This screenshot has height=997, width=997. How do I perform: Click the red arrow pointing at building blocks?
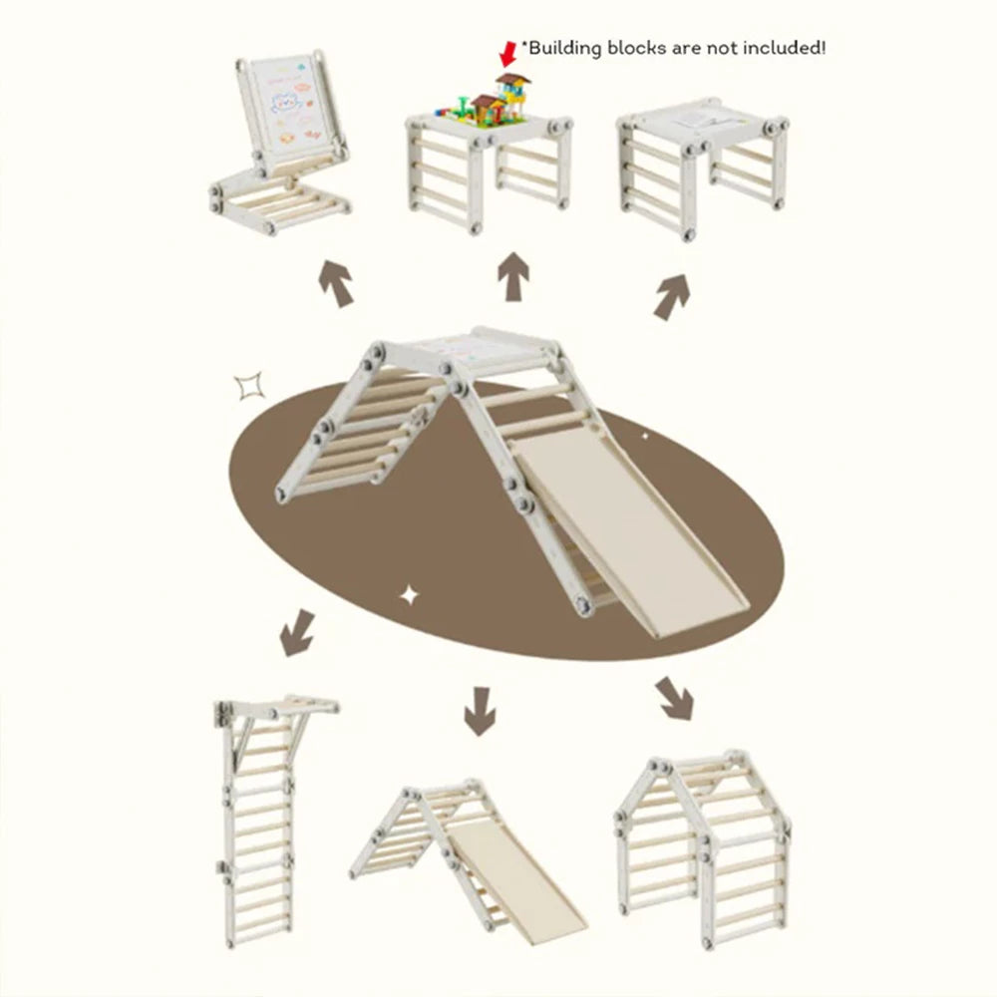(x=508, y=54)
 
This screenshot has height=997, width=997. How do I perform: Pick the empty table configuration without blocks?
(x=703, y=167)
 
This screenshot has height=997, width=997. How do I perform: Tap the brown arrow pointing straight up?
(x=513, y=276)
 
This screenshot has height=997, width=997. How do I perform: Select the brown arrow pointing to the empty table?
(x=672, y=297)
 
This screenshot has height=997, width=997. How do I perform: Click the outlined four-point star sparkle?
(x=248, y=387)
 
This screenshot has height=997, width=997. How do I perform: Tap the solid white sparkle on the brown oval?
(x=410, y=596)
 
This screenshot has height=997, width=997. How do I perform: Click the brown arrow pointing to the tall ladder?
(x=297, y=633)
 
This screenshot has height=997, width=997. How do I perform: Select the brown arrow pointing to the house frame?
(x=675, y=699)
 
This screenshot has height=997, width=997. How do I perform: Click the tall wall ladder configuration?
(x=267, y=821)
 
